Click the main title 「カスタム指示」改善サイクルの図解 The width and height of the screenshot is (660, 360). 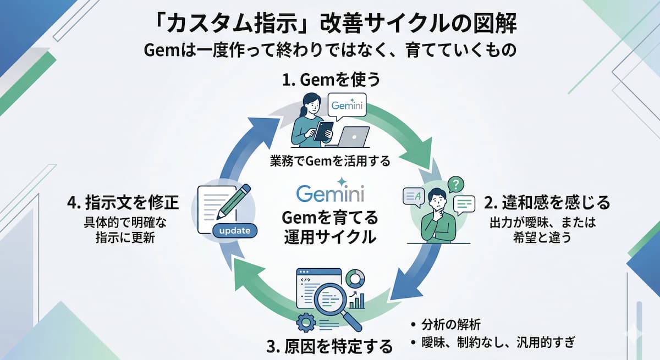tap(329, 24)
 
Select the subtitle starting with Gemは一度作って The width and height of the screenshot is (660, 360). tap(329, 51)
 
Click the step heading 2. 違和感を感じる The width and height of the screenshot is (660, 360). tap(547, 203)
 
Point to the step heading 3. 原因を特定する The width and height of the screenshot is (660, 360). tap(329, 346)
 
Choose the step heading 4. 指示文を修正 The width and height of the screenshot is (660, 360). tap(123, 203)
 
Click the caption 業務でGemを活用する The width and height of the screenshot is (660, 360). tap(330, 162)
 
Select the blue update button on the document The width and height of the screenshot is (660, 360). tap(234, 230)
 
